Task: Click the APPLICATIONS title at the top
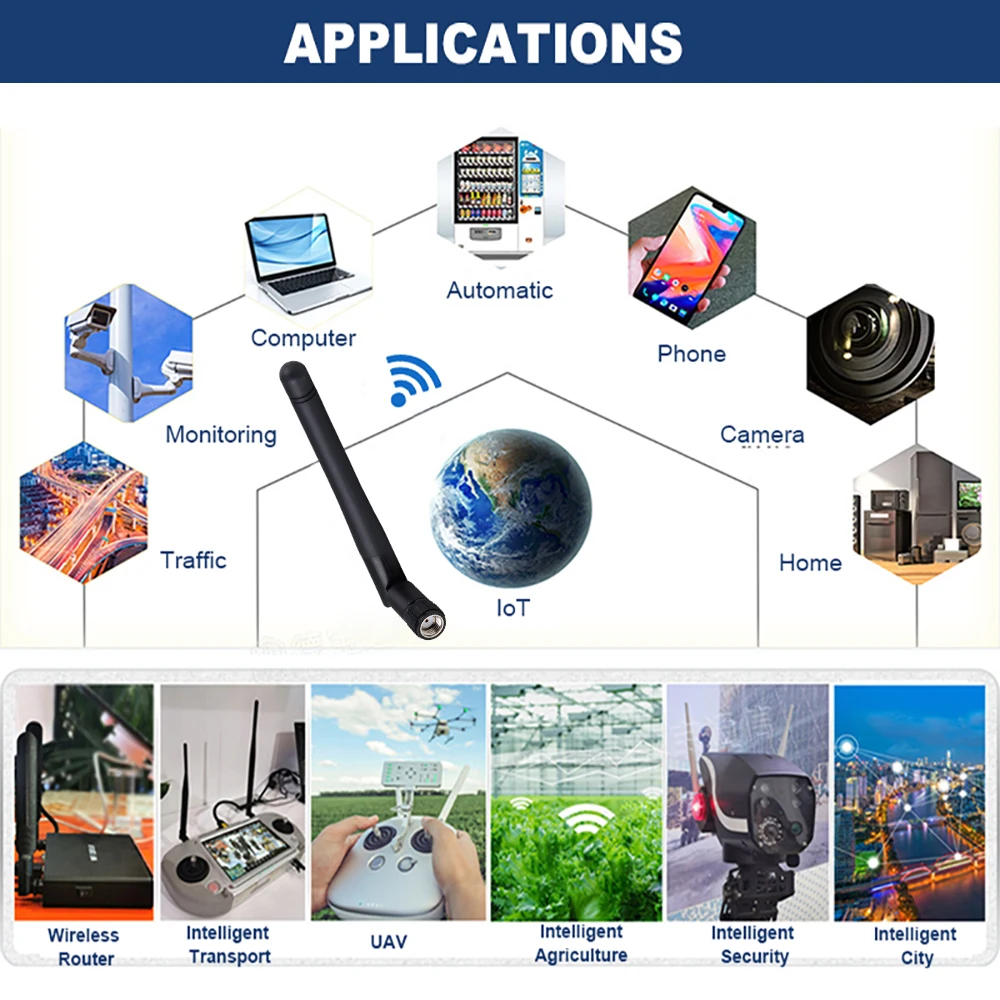click(483, 43)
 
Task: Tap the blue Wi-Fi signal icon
click(413, 381)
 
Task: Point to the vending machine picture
click(497, 196)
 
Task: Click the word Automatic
click(499, 291)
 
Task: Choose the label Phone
click(691, 354)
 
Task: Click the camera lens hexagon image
click(870, 345)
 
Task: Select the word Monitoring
click(221, 435)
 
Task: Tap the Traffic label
click(194, 560)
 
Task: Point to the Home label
click(810, 563)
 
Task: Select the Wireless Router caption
click(85, 947)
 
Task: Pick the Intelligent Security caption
click(753, 945)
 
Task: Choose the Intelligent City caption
click(915, 946)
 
